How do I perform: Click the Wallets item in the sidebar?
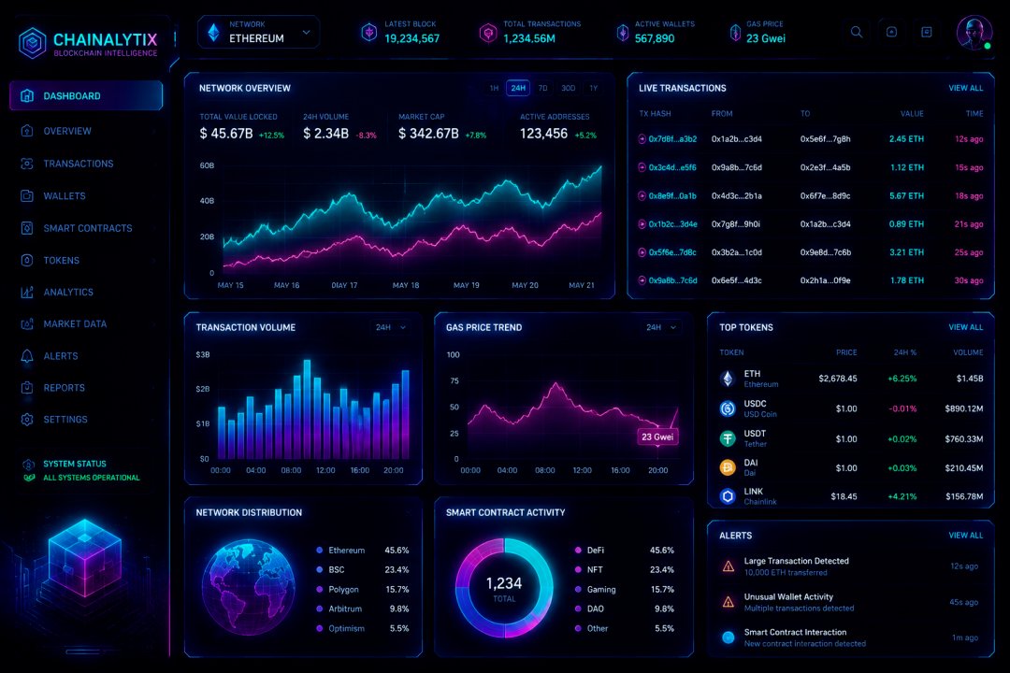(x=64, y=195)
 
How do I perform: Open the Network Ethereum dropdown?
(x=258, y=32)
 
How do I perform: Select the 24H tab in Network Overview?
(x=518, y=88)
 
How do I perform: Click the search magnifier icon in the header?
(x=856, y=32)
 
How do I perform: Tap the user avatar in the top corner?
(x=974, y=32)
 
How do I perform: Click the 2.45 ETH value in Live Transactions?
(x=906, y=139)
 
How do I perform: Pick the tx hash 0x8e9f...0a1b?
(x=672, y=195)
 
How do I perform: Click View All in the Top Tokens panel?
(x=965, y=327)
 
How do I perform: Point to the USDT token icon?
(x=728, y=438)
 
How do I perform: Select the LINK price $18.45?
(x=844, y=496)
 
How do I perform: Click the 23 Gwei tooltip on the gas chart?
(x=657, y=437)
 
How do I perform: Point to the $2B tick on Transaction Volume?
(x=203, y=389)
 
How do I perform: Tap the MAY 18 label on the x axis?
(x=406, y=285)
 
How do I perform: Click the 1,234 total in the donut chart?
(x=504, y=583)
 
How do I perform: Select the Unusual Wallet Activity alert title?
(x=788, y=597)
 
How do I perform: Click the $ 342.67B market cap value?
(x=428, y=134)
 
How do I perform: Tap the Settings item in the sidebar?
(x=65, y=420)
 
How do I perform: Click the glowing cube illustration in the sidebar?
(x=84, y=557)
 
